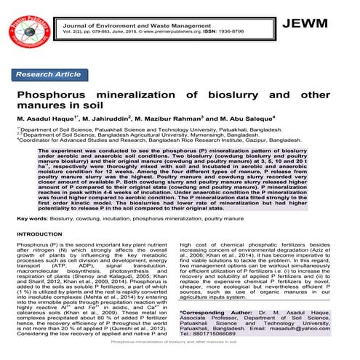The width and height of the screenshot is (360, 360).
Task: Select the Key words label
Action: [x=32, y=217]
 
